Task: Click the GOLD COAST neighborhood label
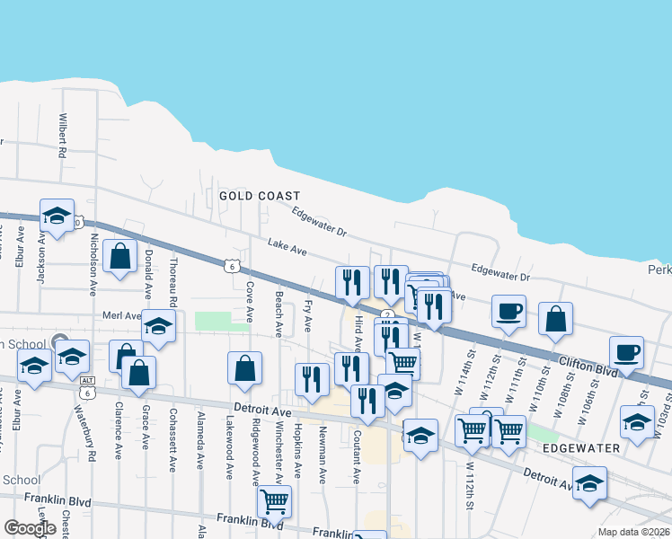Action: click(x=259, y=195)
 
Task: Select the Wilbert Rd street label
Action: click(x=63, y=136)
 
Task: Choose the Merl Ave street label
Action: click(x=122, y=316)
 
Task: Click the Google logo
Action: click(x=29, y=528)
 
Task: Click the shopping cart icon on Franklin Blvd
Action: click(x=273, y=500)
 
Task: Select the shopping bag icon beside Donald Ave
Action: click(x=120, y=256)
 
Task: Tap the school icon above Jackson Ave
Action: click(x=57, y=216)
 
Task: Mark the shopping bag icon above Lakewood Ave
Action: click(x=244, y=367)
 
